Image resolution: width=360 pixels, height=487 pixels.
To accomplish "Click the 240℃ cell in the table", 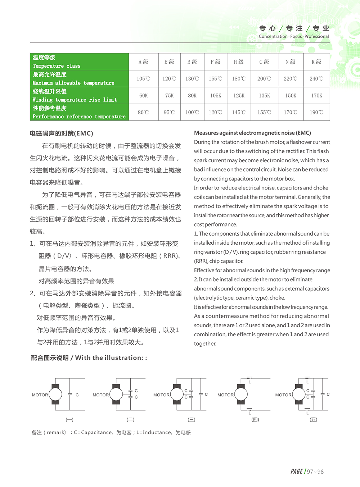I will click(x=316, y=79).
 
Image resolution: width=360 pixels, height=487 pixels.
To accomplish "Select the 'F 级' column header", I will click(x=215, y=62).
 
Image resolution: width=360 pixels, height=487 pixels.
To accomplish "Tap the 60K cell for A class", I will click(x=143, y=96).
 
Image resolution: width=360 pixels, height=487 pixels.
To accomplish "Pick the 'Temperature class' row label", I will click(x=57, y=66).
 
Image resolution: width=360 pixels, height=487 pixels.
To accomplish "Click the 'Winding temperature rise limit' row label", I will click(x=75, y=100).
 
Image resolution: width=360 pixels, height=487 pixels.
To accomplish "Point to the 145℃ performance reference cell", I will click(x=239, y=113).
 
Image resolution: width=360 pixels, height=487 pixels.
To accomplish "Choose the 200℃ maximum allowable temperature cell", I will click(x=264, y=79).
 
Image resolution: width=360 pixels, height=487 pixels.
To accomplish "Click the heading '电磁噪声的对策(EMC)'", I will click(x=62, y=133).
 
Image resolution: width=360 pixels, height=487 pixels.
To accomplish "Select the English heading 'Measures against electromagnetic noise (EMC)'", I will click(x=252, y=133).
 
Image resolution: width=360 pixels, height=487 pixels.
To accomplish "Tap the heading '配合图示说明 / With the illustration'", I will click(x=89, y=358).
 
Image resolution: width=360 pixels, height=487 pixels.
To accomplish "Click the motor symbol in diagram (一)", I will click(x=55, y=394).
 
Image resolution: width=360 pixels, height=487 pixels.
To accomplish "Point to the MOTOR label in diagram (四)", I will click(x=225, y=395).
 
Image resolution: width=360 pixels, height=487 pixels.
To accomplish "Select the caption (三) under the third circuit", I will click(x=192, y=419).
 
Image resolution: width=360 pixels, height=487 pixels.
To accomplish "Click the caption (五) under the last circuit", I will click(x=314, y=419).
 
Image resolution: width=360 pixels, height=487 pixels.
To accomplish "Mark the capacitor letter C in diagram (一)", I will click(x=77, y=395).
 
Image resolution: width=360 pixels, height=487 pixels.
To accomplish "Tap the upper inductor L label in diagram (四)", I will click(x=249, y=382).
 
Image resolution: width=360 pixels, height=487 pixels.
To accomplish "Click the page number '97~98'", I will click(x=315, y=472).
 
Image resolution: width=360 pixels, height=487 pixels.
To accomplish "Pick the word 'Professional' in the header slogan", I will click(x=316, y=36).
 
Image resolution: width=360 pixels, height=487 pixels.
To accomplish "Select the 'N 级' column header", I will click(x=290, y=62).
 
